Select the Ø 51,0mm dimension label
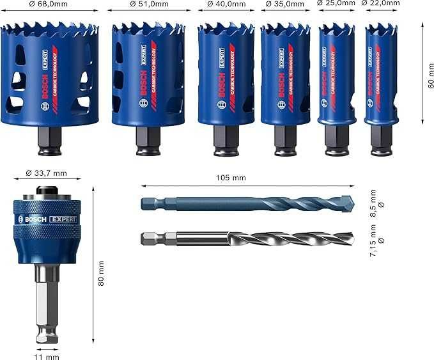coord(148,4)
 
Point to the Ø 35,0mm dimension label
coord(285,4)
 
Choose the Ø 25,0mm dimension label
coord(336,3)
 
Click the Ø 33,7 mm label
coord(45,173)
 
